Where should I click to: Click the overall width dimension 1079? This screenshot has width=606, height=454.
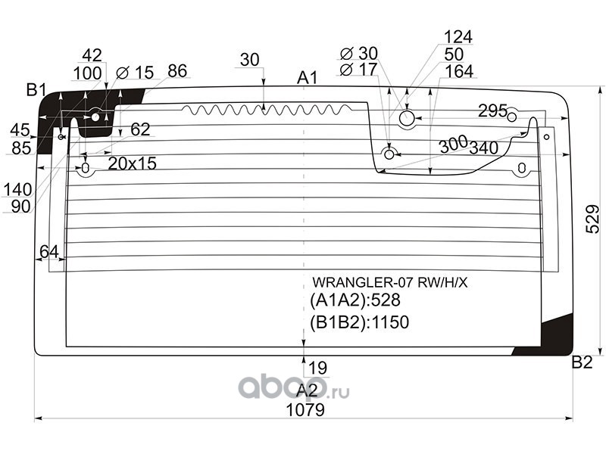pos(305,410)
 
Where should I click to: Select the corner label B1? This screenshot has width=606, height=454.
pos(36,90)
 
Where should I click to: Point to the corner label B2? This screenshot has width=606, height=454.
pos(582,362)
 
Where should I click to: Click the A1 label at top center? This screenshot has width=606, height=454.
pos(308,78)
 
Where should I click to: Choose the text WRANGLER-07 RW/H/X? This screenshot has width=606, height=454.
pos(390,283)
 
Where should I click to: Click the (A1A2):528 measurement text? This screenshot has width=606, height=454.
pos(355,300)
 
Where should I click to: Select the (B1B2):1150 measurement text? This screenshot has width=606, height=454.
pos(359,322)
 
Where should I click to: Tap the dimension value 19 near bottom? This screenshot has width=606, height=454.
pos(317,368)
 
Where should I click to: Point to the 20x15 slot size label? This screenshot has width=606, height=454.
pos(132,164)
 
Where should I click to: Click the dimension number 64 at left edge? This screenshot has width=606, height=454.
pos(49,252)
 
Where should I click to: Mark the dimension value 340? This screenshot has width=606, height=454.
pos(483,148)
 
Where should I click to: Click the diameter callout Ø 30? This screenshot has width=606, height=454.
pos(359,54)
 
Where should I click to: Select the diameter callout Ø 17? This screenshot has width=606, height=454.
pos(358,70)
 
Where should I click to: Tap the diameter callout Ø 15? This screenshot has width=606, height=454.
pos(135,73)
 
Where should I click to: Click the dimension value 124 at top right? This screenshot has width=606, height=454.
pos(458,37)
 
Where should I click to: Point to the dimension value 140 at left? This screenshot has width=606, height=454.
pos(17,190)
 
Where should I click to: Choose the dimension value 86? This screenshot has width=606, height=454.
pos(177,71)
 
